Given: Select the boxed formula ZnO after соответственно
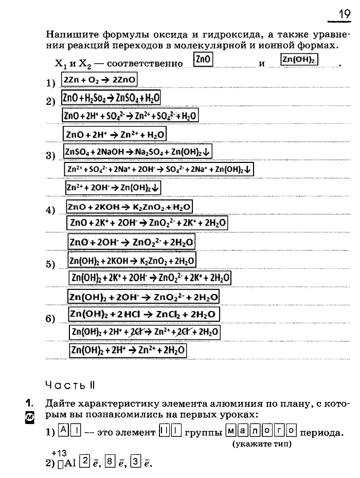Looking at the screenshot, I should point(203,60).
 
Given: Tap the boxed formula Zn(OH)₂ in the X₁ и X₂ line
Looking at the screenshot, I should point(299,60).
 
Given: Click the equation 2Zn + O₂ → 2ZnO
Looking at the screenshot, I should point(99,81).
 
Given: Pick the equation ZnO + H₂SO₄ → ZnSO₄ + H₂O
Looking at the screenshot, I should point(111,98).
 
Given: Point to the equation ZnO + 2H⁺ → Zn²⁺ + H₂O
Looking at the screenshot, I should point(115,134).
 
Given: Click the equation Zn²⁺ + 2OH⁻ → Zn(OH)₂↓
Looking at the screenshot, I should point(113,188).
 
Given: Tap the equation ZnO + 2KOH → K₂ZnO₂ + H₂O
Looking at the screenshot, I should point(129,207).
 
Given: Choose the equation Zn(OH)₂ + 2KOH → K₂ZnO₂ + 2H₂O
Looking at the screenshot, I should point(132,260).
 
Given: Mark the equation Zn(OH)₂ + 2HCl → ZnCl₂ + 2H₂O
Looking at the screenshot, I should point(144,314).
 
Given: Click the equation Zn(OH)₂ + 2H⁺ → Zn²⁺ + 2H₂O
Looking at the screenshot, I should point(128,351).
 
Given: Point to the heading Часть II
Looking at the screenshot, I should point(70,385).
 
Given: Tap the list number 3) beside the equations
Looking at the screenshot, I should point(50,156).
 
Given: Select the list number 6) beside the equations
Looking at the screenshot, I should point(50,319).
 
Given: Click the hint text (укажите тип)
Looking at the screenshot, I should point(262,443).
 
